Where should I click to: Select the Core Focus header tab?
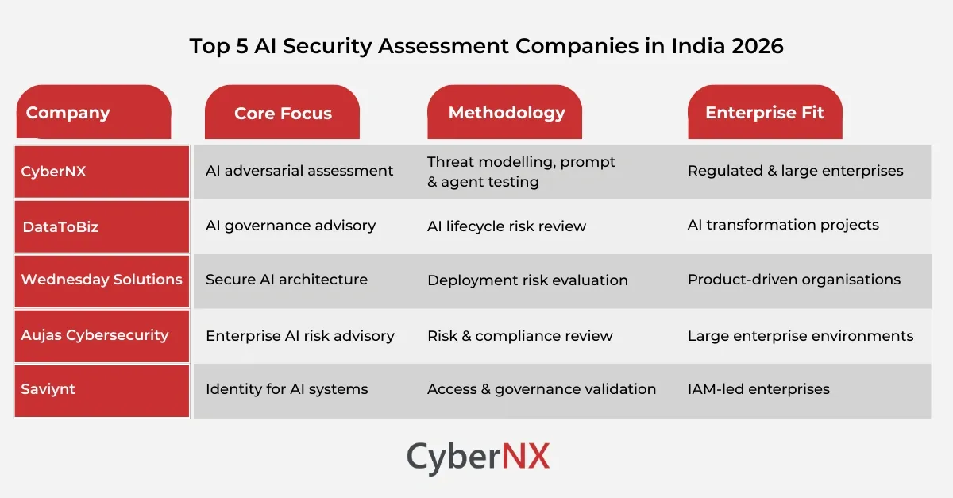(283, 113)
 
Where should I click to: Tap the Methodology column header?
(506, 113)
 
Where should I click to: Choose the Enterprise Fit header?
(764, 113)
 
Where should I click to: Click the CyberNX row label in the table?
(102, 171)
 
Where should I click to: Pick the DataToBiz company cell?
(102, 226)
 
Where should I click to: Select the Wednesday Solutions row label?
(102, 280)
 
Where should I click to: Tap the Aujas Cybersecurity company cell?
(102, 335)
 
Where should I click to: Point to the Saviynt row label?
(102, 390)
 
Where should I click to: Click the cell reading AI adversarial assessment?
(299, 171)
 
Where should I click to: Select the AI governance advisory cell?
(291, 226)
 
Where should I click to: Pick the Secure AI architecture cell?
(287, 280)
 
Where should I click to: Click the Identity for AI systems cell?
(287, 389)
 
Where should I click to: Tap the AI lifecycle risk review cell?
(507, 226)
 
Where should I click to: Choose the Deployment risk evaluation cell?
(527, 280)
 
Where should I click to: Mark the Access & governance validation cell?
(542, 389)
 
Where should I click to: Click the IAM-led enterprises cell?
(758, 389)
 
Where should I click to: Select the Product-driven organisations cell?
(794, 280)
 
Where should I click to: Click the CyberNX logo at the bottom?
(478, 458)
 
